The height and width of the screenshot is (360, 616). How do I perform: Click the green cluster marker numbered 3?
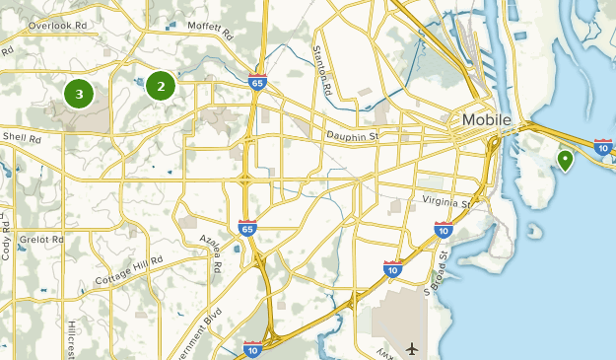79,95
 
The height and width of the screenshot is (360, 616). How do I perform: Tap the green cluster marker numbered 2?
161,86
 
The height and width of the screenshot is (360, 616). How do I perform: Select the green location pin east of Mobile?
565,159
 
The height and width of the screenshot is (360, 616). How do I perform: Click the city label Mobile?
487,120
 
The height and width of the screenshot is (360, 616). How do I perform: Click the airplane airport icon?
410,348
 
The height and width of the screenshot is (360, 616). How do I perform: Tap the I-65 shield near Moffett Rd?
258,80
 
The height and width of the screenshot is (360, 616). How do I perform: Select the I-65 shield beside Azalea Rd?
246,229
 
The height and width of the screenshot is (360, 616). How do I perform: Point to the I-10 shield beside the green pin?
603,147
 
